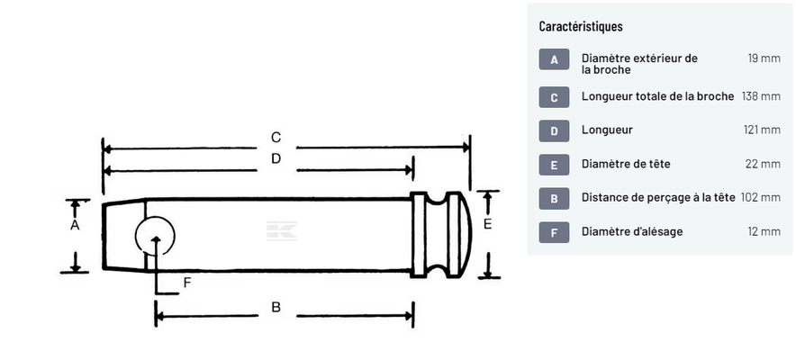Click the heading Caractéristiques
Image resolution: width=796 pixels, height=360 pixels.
point(580,27)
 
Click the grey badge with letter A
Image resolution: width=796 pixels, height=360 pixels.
point(554,60)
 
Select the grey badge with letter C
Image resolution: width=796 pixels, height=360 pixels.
point(554,96)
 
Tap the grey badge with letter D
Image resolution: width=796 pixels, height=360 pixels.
point(554,130)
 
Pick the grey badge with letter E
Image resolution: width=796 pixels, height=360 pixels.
point(554,165)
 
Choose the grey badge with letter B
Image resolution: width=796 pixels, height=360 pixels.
point(554,198)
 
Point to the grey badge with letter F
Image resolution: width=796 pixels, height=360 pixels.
point(554,232)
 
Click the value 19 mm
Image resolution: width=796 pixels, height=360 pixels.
point(764,58)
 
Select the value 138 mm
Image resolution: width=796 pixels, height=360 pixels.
point(760,96)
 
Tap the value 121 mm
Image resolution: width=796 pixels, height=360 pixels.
point(762,130)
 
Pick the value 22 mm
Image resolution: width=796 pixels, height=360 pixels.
point(763,164)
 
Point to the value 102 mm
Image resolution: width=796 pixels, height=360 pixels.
point(760,198)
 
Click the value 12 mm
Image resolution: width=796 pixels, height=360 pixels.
point(764,232)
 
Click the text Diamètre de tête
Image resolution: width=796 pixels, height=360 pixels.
point(626,164)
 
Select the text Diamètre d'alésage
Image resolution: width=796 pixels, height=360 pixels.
point(632,232)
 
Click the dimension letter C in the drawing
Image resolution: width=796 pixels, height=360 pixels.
point(276,138)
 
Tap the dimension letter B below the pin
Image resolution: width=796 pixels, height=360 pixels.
point(276,308)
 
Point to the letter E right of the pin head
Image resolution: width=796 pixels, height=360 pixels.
point(487,224)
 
